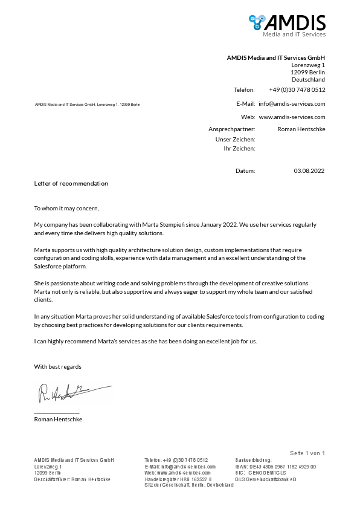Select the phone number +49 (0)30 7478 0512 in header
(297, 89)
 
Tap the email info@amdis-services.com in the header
(292, 103)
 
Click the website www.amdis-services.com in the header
(292, 117)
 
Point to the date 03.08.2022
(309, 171)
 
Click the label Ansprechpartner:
(231, 129)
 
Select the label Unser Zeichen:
(235, 139)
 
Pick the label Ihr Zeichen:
(239, 148)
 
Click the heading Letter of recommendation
(71, 183)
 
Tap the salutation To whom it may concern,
(66, 209)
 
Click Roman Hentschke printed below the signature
(58, 419)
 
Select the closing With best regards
(57, 367)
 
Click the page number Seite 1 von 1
(307, 453)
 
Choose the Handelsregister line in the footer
(178, 479)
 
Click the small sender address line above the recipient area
(87, 105)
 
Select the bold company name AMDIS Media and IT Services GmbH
(275, 57)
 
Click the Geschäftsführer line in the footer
(72, 479)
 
